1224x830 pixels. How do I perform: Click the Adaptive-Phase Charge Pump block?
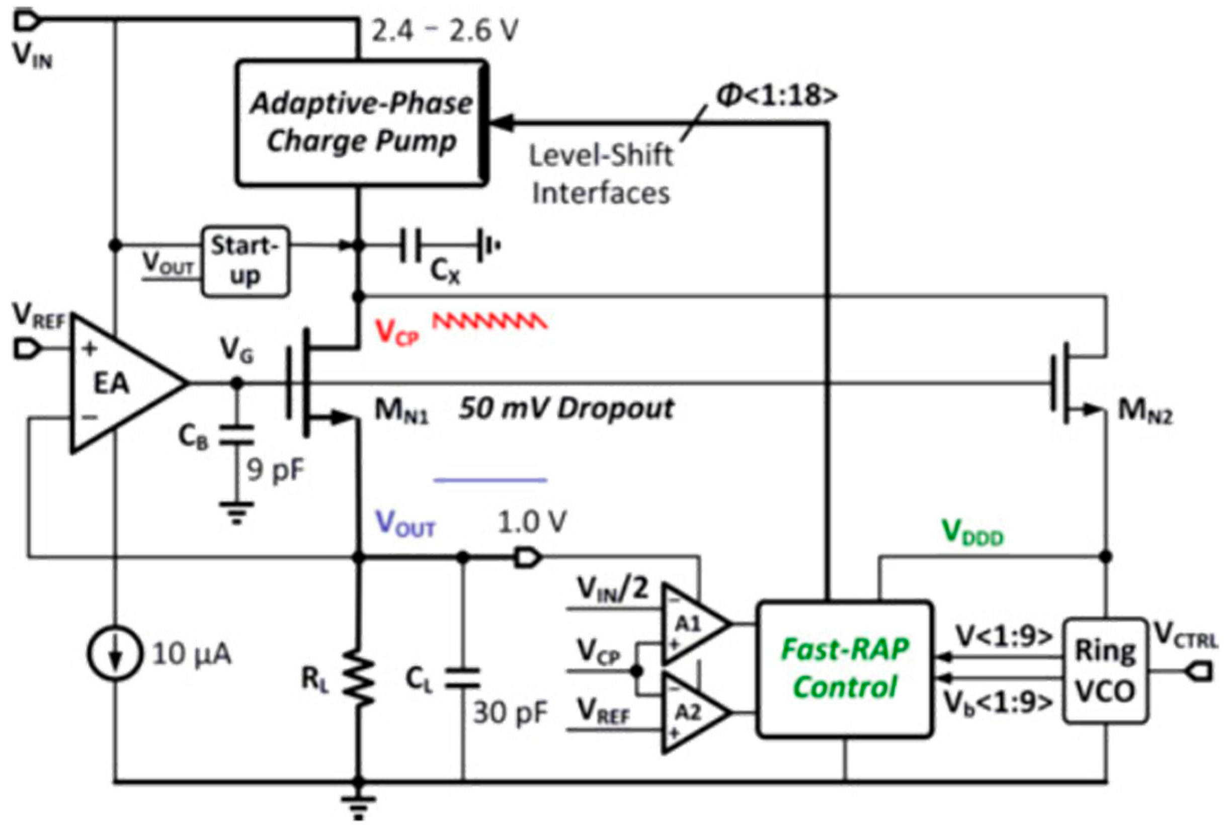coord(361,122)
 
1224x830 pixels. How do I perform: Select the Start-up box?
coord(246,261)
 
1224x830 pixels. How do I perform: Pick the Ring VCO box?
coord(1104,670)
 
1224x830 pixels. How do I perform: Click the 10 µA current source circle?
coord(115,653)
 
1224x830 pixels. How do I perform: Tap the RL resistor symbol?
coord(359,678)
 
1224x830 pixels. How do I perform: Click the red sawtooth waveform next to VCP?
coord(490,321)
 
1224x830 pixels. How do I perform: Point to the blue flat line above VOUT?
coord(490,480)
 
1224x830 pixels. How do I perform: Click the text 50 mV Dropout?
coord(565,408)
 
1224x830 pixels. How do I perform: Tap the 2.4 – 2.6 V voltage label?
coord(445,31)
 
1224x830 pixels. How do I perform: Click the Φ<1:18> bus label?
coord(777,95)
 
